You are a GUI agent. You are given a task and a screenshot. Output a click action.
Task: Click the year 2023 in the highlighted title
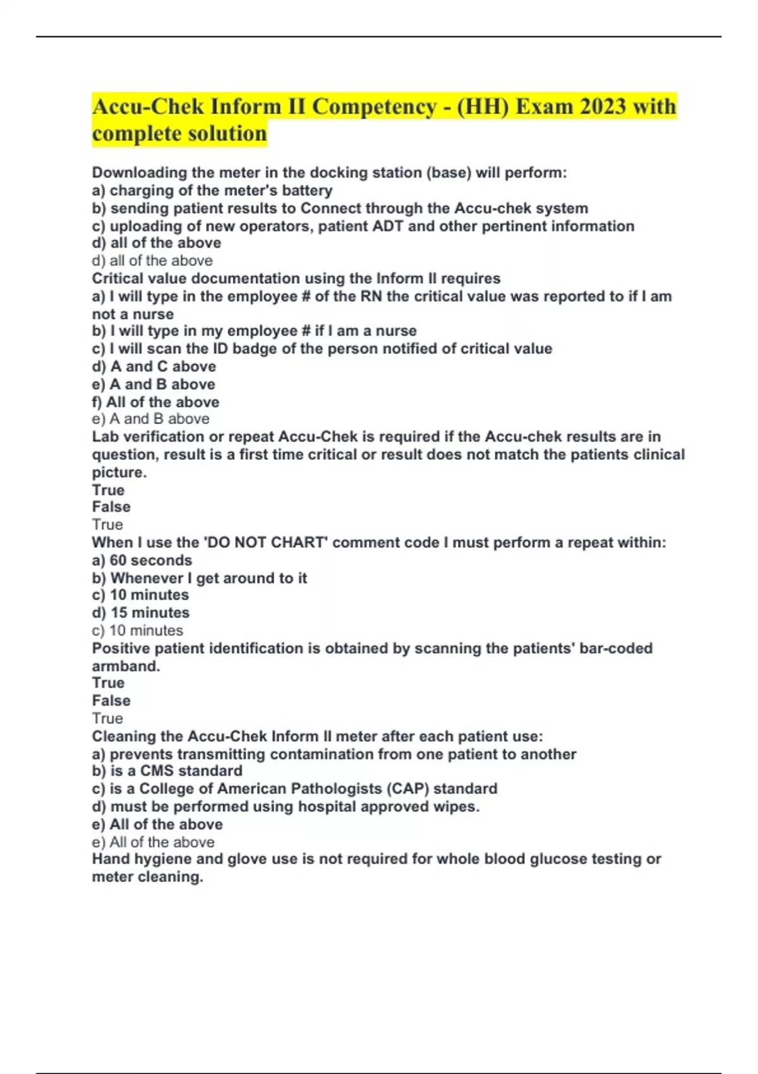click(603, 106)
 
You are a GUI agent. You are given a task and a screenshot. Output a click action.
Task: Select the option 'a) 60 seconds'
click(142, 560)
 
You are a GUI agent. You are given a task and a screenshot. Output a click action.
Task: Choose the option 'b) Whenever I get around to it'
click(200, 578)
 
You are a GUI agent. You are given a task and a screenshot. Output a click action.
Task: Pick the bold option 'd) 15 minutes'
click(141, 613)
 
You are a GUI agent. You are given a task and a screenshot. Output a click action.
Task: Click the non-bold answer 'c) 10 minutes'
click(138, 631)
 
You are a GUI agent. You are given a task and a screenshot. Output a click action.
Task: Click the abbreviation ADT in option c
click(388, 226)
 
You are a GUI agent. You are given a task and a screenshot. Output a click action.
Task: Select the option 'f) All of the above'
click(155, 402)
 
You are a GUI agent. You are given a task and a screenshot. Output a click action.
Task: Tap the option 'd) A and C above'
click(154, 366)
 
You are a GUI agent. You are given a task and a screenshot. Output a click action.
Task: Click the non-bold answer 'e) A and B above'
click(151, 419)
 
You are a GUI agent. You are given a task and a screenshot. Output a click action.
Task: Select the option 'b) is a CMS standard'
click(167, 771)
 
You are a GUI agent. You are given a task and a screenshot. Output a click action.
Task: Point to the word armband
click(125, 667)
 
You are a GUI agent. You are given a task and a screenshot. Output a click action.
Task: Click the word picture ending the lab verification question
click(119, 473)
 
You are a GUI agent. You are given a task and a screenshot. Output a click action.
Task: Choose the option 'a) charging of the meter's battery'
click(212, 191)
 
